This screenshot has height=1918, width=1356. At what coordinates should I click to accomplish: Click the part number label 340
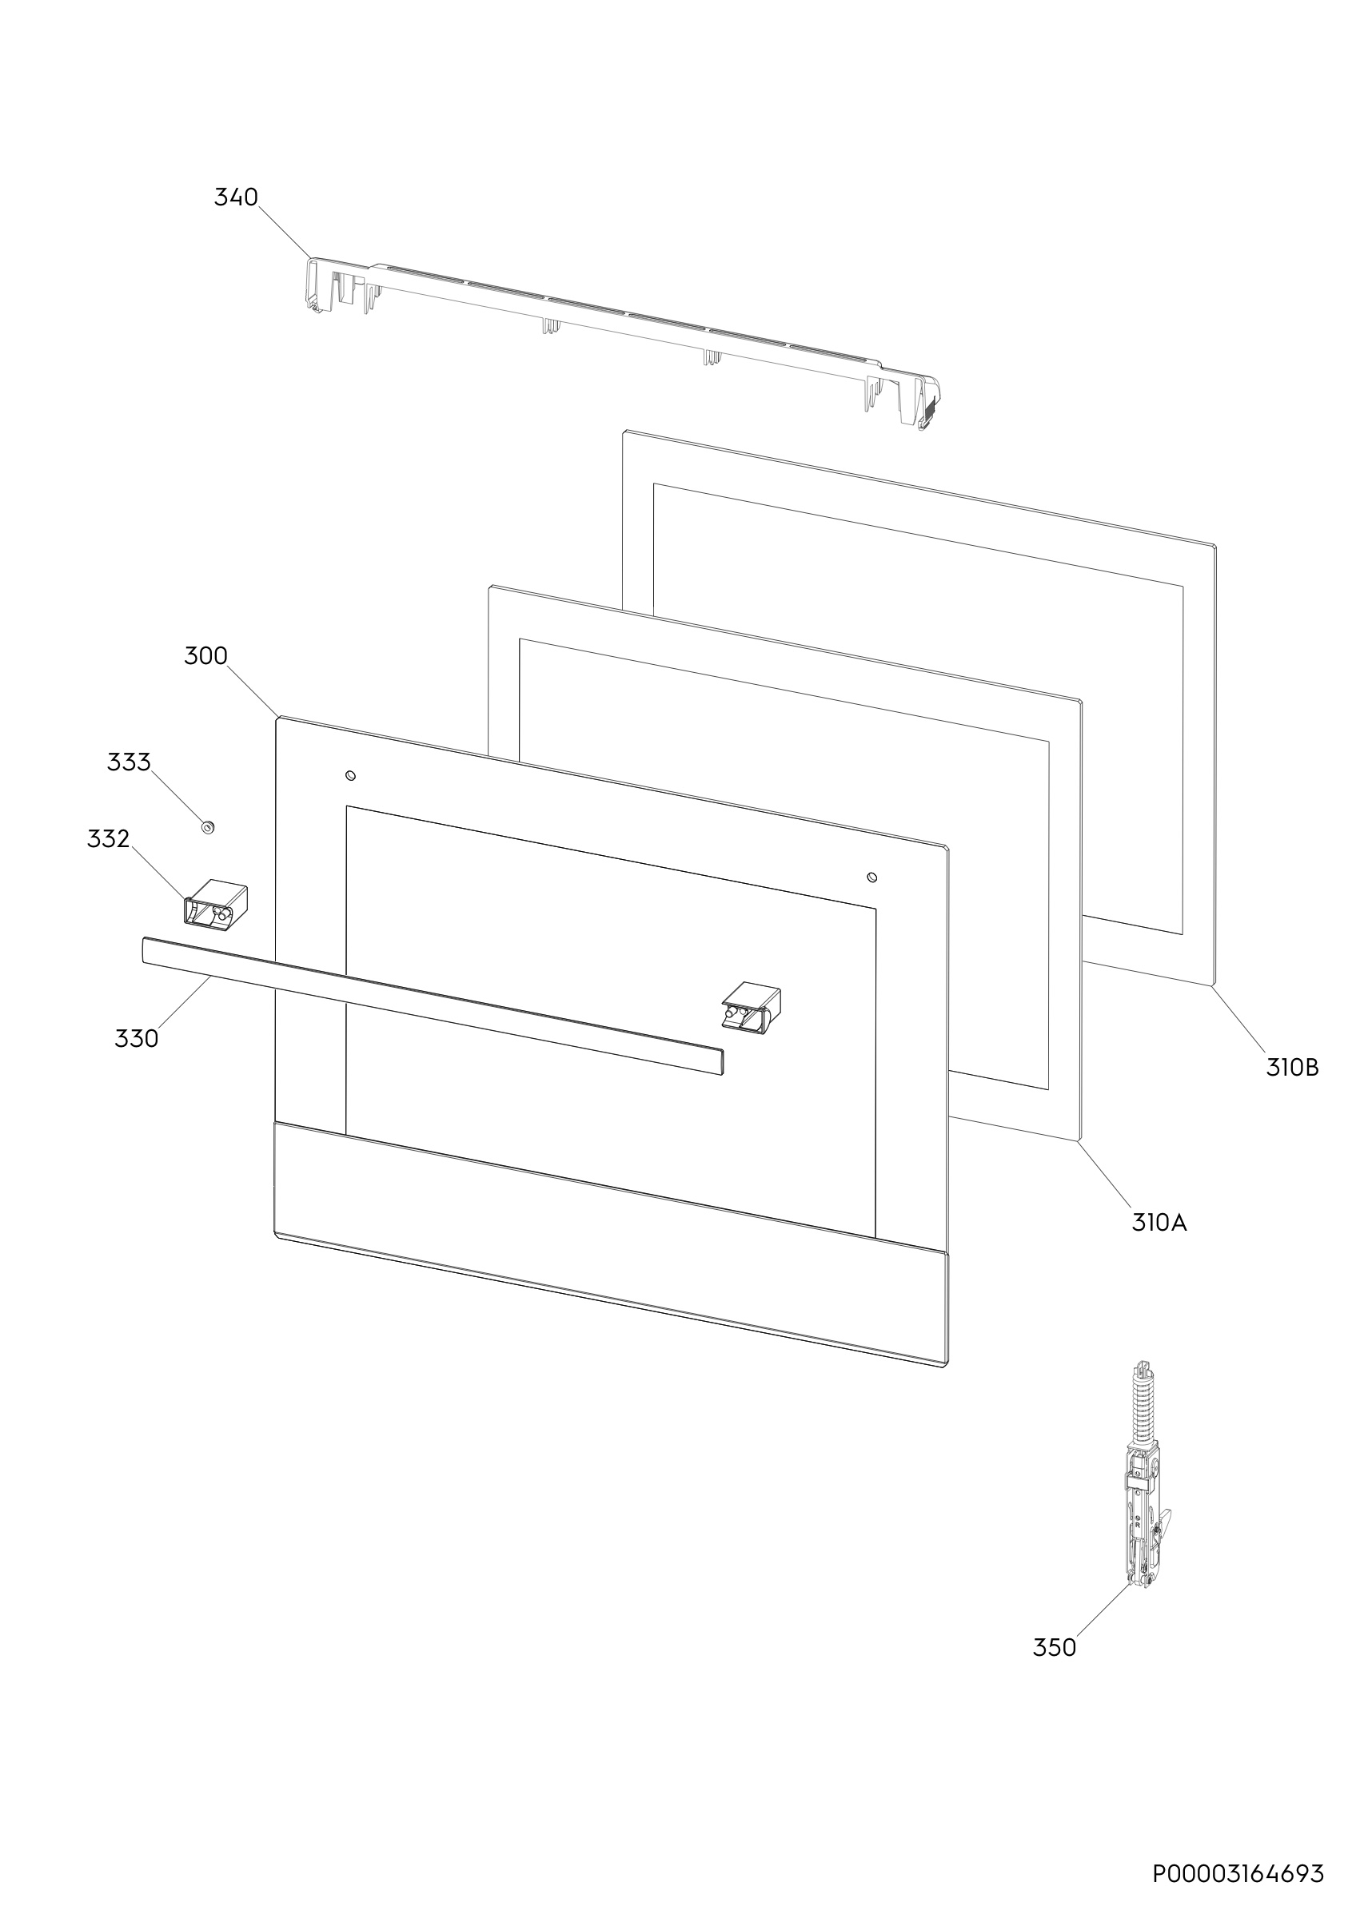tap(237, 197)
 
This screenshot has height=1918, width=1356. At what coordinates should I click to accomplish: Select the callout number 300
tap(205, 656)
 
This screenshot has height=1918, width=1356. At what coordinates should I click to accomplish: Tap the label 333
tap(129, 762)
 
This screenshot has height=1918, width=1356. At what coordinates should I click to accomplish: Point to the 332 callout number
tap(109, 838)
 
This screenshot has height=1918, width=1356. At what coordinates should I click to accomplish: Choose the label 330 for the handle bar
tap(136, 1038)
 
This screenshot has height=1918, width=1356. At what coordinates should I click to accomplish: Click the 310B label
tap(1293, 1068)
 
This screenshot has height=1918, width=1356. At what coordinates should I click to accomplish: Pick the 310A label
tap(1159, 1223)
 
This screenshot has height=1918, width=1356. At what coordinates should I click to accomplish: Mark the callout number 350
tap(1055, 1647)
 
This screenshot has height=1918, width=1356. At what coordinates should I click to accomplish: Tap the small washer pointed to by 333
tap(207, 827)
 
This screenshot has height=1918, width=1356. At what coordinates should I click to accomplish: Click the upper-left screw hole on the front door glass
tap(351, 776)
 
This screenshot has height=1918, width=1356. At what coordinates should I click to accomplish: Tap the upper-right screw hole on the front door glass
tap(872, 877)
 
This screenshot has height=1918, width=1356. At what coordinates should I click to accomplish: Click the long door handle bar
tap(433, 1005)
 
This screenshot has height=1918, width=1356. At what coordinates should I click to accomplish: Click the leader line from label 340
tap(284, 233)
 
